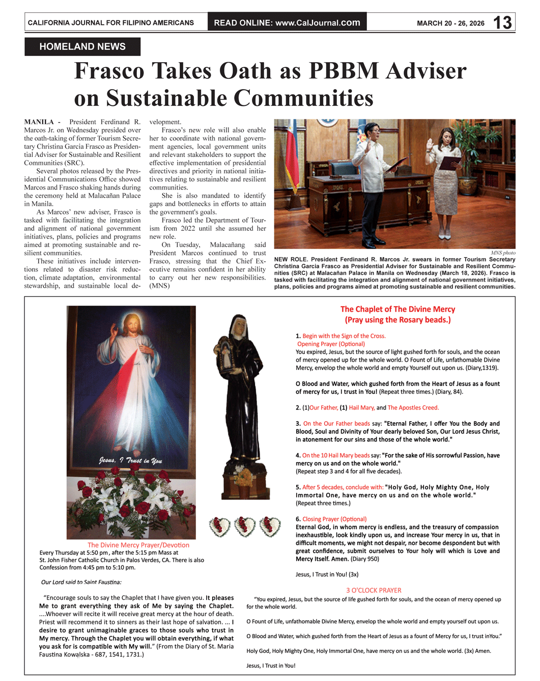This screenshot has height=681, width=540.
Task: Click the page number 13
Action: [x=502, y=22]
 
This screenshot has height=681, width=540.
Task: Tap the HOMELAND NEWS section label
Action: [x=82, y=46]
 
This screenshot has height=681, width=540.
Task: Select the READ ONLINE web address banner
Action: [x=287, y=22]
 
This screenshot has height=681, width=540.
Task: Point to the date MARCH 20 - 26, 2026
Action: [x=450, y=23]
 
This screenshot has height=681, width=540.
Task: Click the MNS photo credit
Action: [x=503, y=253]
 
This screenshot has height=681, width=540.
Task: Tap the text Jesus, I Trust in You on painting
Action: [x=131, y=460]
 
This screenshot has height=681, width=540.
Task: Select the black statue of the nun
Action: [x=238, y=402]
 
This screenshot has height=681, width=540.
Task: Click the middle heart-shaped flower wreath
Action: [x=244, y=527]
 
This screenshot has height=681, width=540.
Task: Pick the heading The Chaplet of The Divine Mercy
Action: [x=397, y=309]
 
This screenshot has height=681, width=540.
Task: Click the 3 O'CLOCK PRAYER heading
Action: [x=374, y=590]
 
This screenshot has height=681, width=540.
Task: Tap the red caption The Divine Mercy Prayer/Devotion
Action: [x=138, y=545]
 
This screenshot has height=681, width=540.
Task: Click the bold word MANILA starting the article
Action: [x=39, y=122]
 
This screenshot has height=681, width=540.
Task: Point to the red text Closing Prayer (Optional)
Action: [x=334, y=519]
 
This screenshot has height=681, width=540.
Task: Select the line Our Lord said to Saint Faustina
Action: [x=81, y=582]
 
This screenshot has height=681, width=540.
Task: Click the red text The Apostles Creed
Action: [x=413, y=407]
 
